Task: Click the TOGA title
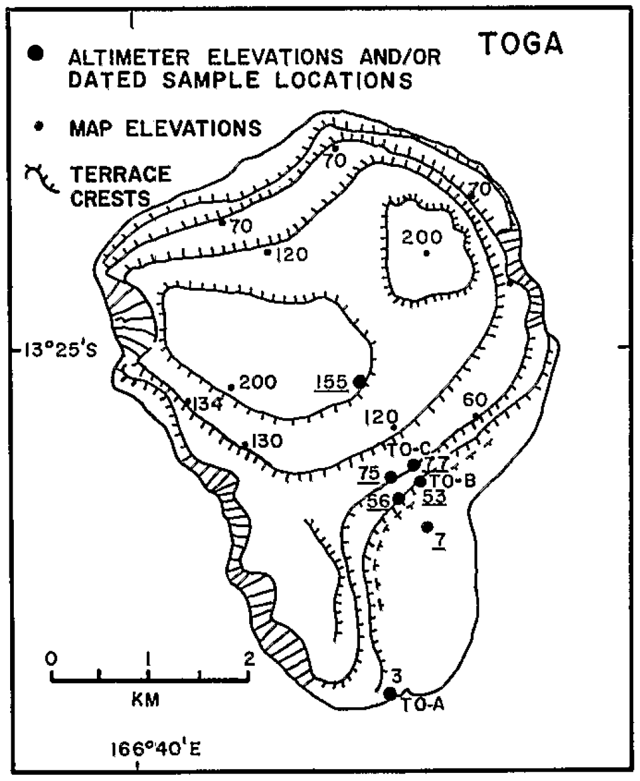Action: [522, 43]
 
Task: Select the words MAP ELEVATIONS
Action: [165, 128]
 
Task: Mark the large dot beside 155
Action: [360, 381]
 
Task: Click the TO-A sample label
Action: [424, 705]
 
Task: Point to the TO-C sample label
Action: [407, 448]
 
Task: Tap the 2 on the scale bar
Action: [249, 659]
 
